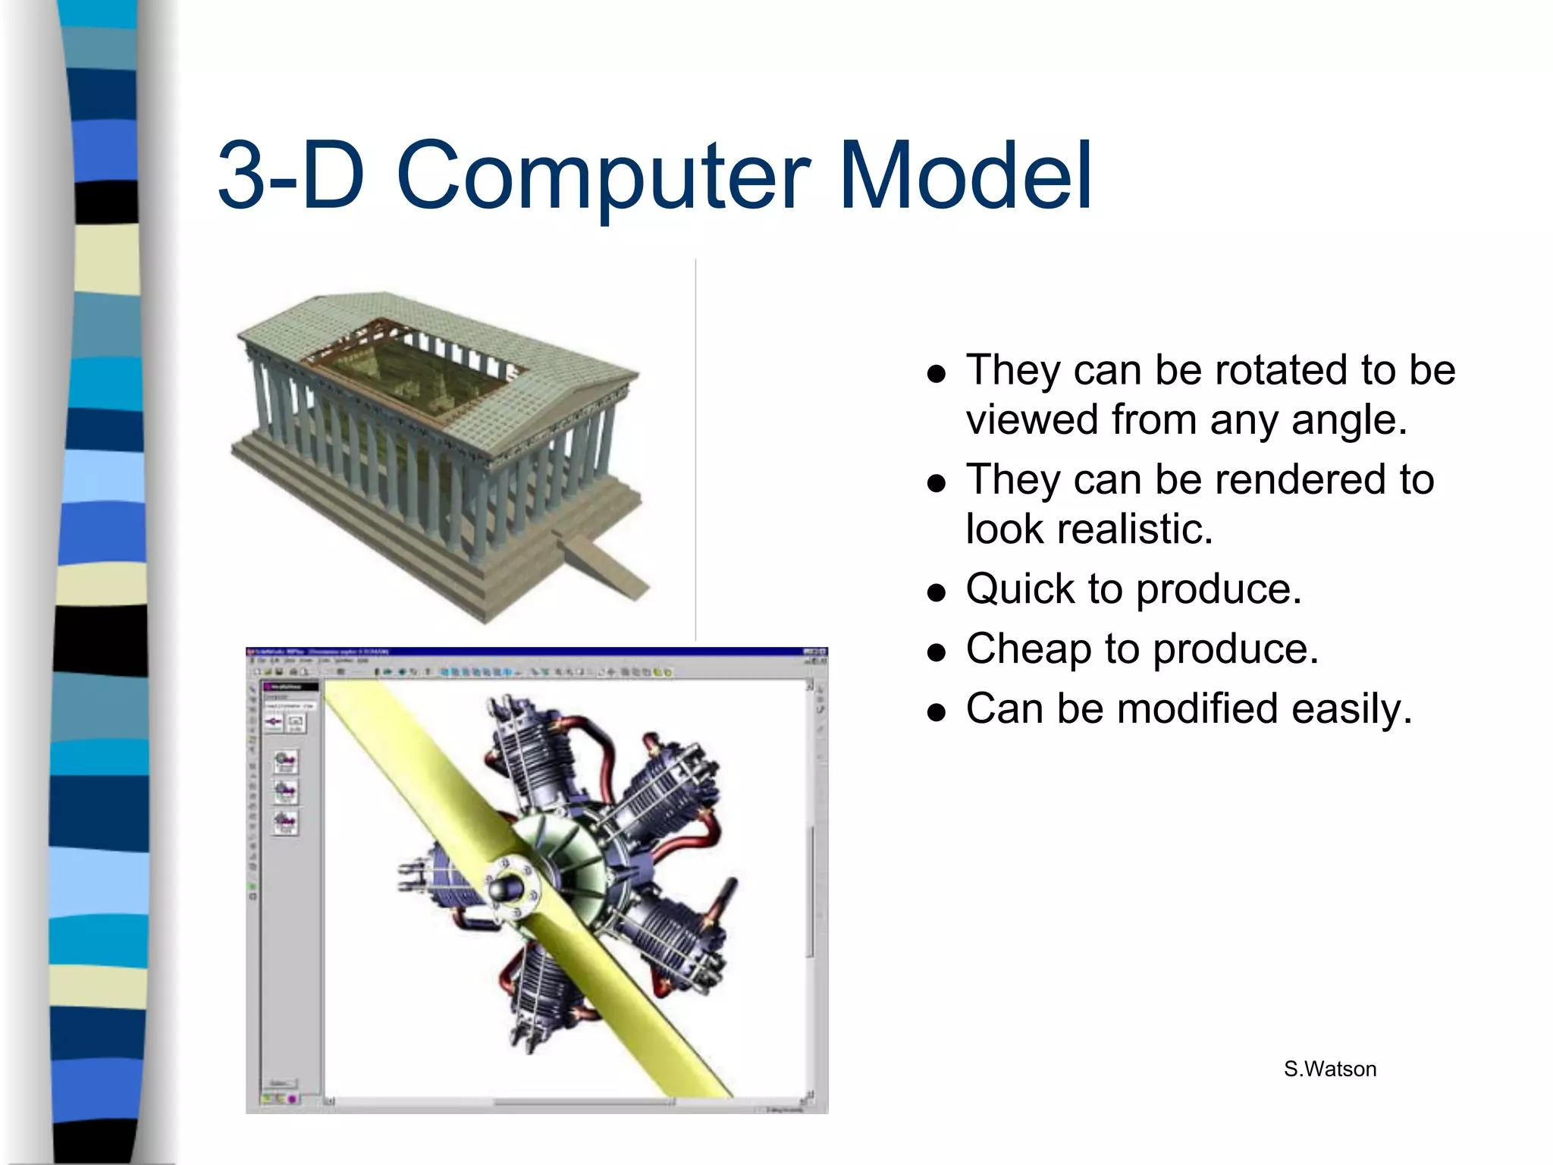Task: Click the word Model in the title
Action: (x=965, y=176)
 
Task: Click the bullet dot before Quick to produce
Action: (x=937, y=592)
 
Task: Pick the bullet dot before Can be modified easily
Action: (x=937, y=712)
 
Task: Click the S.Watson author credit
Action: (x=1330, y=1069)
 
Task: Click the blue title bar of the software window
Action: (x=531, y=652)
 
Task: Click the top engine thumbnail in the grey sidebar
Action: (x=285, y=761)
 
